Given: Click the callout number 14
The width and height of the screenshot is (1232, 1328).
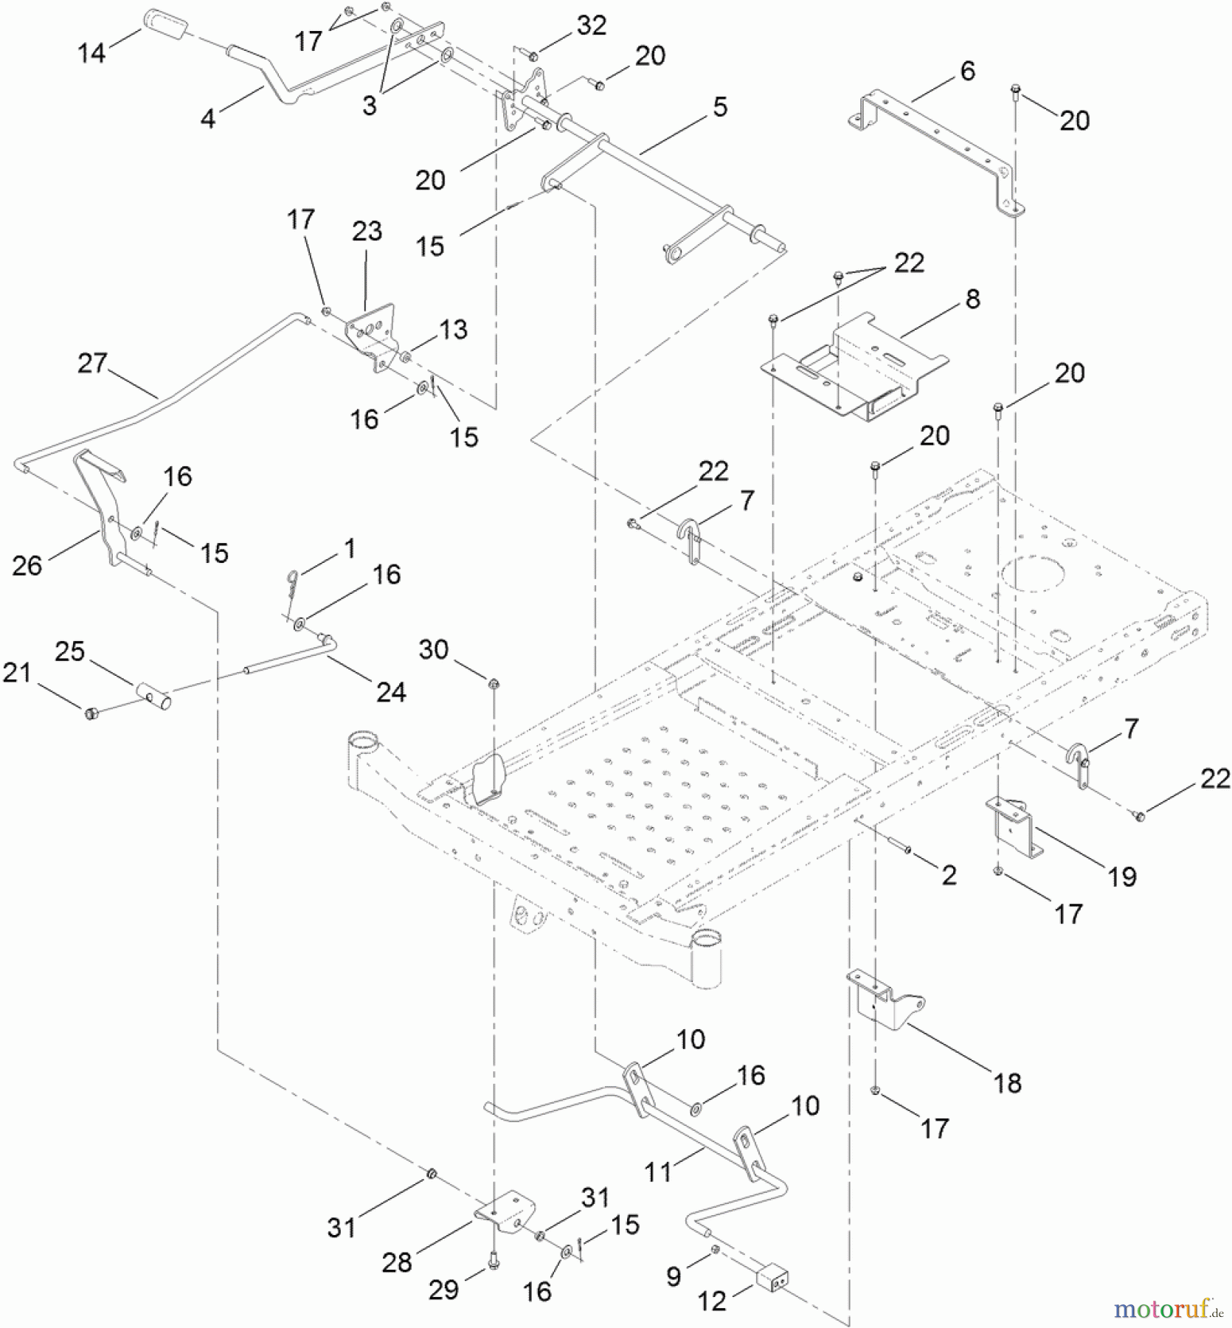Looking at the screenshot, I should pyautogui.click(x=92, y=52).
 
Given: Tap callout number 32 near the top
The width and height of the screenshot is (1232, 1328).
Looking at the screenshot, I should pyautogui.click(x=592, y=25).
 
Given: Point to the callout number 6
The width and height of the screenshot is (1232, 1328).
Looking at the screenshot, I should pyautogui.click(x=967, y=71).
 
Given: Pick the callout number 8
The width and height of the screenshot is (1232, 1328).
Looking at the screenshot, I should pyautogui.click(x=972, y=299).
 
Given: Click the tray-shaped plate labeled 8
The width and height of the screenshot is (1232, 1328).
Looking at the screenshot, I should pyautogui.click(x=856, y=369).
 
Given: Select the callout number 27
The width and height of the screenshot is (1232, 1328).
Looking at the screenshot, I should pyautogui.click(x=93, y=363).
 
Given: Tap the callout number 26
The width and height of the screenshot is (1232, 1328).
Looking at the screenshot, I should pyautogui.click(x=27, y=565).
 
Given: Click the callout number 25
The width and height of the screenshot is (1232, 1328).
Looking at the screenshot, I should pyautogui.click(x=70, y=651).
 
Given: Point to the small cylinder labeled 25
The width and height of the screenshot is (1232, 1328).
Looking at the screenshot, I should pyautogui.click(x=155, y=696).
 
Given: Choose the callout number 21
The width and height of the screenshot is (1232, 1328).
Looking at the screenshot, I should pyautogui.click(x=17, y=673).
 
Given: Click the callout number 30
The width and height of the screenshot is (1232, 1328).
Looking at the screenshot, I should pyautogui.click(x=434, y=649).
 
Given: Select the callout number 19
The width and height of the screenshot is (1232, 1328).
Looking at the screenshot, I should pyautogui.click(x=1121, y=876).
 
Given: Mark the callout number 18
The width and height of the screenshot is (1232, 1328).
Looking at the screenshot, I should pyautogui.click(x=1008, y=1083).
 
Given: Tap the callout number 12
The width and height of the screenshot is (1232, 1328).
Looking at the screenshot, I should pyautogui.click(x=712, y=1301).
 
